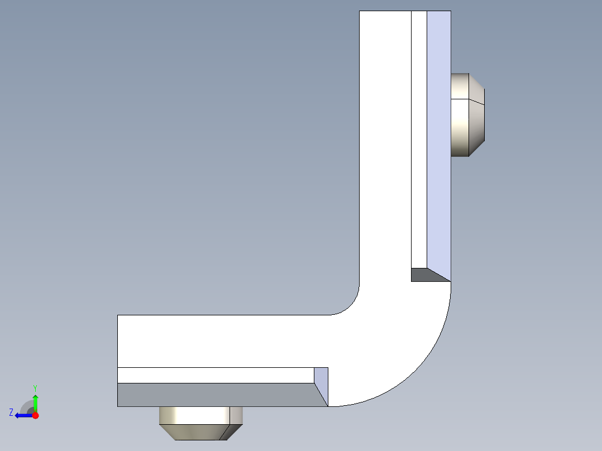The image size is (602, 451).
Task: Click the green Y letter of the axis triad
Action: [x=35, y=387]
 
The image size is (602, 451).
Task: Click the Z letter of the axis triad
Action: [x=11, y=412]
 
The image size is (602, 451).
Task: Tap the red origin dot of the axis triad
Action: [x=36, y=415]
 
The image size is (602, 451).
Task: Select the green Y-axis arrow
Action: [x=36, y=402]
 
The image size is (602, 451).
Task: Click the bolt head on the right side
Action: [x=467, y=114]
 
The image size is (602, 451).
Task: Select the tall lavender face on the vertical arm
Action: [x=439, y=140]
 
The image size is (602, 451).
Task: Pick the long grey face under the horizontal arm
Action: [x=218, y=395]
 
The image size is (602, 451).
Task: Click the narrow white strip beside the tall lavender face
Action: [x=419, y=140]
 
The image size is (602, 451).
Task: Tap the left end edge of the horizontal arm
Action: [x=118, y=340]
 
